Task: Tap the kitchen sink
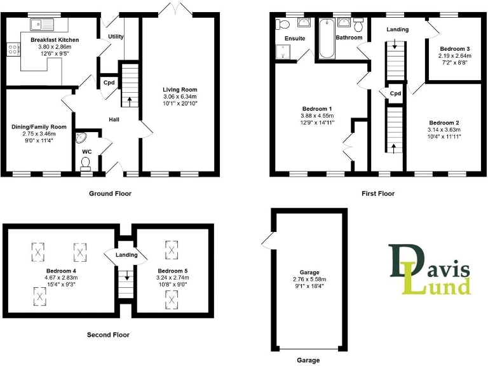[43, 25]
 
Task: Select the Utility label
[116, 37]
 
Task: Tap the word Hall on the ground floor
[114, 120]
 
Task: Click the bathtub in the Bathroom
[327, 38]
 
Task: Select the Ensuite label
[295, 39]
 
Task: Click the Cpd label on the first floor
[395, 93]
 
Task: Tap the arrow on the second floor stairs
[126, 276]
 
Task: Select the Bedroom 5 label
[172, 271]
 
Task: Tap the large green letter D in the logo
[404, 262]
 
